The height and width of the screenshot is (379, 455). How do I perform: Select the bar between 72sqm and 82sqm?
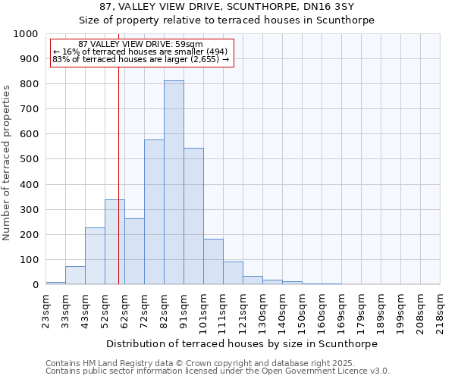(154, 212)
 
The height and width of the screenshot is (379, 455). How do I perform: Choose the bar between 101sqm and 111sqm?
(213, 262)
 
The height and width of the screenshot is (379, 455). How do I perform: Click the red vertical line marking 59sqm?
(118, 167)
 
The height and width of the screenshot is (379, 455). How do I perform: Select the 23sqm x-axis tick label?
(46, 310)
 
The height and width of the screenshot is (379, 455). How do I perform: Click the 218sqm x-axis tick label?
(441, 310)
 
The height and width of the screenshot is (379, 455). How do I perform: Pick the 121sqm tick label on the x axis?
(243, 310)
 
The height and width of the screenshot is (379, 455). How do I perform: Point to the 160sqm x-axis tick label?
(322, 310)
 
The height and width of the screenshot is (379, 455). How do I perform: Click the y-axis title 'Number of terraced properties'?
(7, 162)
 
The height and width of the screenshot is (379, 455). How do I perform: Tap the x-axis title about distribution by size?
(242, 343)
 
